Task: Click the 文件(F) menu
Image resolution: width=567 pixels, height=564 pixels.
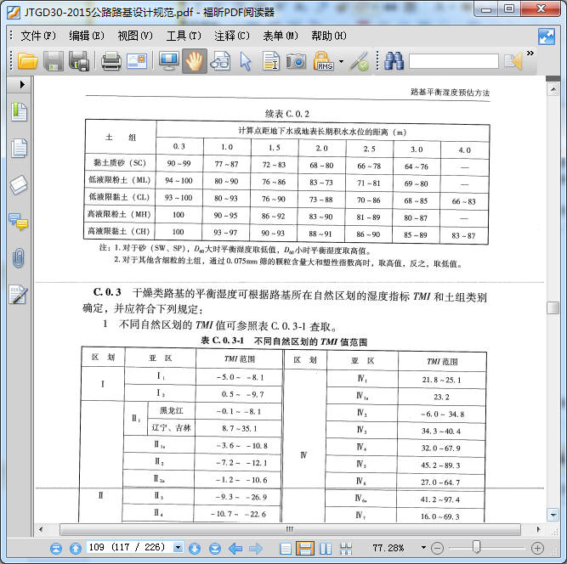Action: point(37,36)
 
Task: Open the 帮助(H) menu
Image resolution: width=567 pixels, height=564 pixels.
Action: point(328,36)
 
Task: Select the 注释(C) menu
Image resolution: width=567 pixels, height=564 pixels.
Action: point(231,36)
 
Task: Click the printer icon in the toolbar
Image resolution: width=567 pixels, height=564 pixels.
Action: point(111,61)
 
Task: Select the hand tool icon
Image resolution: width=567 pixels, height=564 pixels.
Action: point(194,61)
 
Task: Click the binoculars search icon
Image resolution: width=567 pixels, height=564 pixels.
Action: point(393,61)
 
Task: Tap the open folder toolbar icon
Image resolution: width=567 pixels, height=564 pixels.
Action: point(28,61)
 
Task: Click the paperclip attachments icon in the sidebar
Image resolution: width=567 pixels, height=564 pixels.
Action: point(18,258)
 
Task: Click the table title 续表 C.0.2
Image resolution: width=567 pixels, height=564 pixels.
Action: point(287,114)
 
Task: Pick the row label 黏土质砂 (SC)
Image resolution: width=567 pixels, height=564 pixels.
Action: point(120,162)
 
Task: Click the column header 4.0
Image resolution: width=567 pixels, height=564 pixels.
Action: point(464,149)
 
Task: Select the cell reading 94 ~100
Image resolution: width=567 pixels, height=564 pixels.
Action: point(179,181)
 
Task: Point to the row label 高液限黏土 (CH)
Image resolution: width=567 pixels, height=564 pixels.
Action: point(119,231)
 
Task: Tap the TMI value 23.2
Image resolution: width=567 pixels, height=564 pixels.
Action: point(441,397)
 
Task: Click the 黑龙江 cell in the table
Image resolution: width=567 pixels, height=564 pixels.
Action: point(170,411)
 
